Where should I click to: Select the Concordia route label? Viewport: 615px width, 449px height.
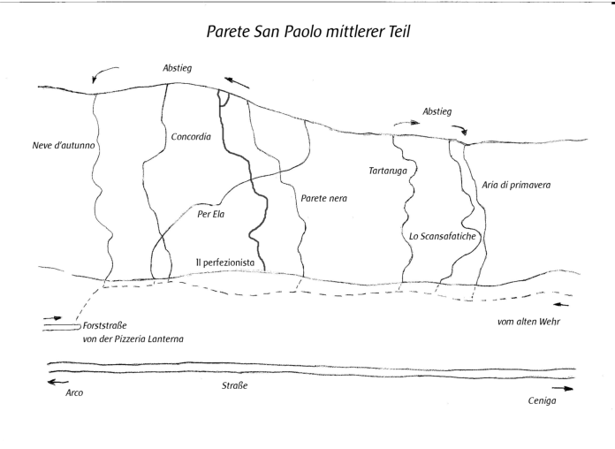point(189,137)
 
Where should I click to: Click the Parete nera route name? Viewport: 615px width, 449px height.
point(323,199)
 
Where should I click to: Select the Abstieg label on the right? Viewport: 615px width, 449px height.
point(437,112)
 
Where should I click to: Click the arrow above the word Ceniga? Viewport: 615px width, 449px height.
point(562,387)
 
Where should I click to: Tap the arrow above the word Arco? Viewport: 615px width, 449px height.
point(57,382)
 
